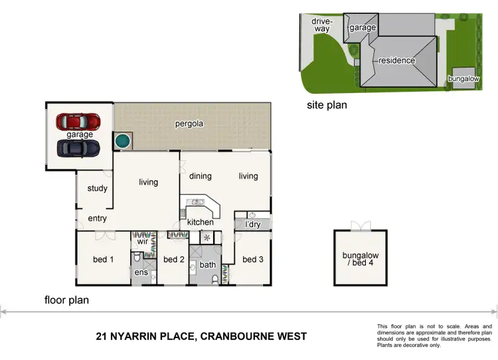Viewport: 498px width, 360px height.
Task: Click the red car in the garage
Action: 78,122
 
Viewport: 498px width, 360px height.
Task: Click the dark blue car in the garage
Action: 78,147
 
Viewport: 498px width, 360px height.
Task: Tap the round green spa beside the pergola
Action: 122,141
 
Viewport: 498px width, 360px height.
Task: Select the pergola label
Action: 189,124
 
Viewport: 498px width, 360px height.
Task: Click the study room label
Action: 98,189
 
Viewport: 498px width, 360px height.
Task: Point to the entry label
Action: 97,219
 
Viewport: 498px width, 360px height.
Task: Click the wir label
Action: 141,242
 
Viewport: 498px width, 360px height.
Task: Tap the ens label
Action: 141,272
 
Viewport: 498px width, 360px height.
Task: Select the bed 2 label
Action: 173,259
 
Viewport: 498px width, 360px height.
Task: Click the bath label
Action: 208,265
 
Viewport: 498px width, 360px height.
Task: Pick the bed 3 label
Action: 253,259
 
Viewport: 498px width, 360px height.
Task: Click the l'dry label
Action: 253,225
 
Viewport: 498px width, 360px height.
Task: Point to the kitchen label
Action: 200,222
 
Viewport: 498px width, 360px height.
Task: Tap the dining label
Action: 200,176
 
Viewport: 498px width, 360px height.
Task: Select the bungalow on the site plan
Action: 463,77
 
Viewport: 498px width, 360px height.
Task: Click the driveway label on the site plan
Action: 321,25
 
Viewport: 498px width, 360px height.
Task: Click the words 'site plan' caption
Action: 327,105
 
